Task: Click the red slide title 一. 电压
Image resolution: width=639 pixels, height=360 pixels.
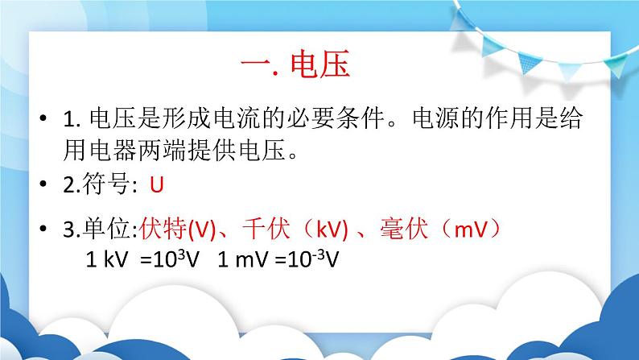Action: [x=295, y=64]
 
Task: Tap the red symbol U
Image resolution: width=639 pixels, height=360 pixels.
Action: [x=157, y=185]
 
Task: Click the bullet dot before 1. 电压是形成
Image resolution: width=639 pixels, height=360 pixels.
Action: [x=42, y=120]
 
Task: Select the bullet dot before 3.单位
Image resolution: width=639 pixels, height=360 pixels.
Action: [x=42, y=230]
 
